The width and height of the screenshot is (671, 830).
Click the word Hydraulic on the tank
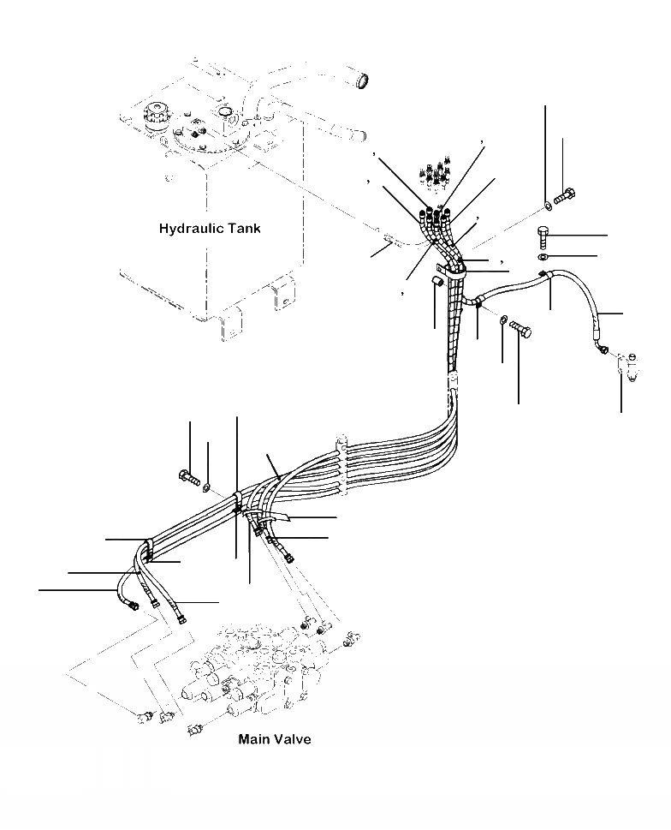tap(190, 229)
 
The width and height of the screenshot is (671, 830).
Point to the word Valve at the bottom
tap(292, 739)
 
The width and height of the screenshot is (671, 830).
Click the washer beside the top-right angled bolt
tap(547, 206)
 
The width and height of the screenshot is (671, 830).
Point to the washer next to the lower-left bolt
tap(207, 487)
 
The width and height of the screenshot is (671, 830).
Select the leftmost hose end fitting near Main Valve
tap(134, 607)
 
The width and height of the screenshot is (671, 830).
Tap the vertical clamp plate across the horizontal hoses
tap(342, 467)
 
